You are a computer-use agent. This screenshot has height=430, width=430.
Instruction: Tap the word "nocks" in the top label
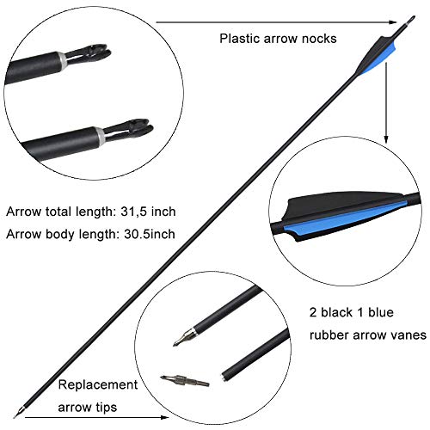321,39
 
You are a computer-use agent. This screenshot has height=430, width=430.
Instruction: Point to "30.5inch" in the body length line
150,234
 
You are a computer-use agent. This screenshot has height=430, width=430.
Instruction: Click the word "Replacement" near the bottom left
98,385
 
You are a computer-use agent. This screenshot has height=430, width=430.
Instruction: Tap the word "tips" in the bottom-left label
106,408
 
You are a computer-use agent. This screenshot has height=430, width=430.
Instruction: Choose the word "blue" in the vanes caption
381,312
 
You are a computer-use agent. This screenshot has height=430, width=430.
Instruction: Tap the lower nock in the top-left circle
127,129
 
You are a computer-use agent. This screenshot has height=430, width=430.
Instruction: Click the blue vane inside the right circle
344,218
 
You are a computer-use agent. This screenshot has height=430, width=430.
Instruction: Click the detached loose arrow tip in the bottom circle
184,381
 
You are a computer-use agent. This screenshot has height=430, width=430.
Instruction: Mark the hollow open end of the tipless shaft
223,377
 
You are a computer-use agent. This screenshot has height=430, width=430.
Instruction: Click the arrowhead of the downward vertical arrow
386,138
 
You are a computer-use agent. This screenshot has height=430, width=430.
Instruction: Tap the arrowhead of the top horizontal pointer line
393,22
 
